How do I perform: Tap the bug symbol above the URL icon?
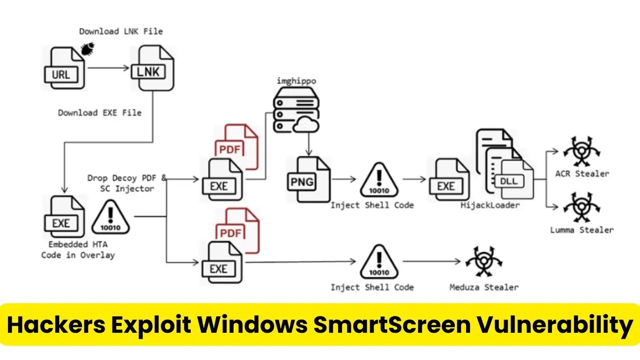(x=86, y=51)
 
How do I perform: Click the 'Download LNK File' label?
(x=121, y=31)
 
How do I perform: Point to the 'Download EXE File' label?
(x=100, y=113)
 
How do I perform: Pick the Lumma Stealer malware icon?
(x=579, y=209)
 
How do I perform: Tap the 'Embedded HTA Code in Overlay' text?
(x=78, y=250)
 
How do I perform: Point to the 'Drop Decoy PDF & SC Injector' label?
(x=127, y=182)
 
